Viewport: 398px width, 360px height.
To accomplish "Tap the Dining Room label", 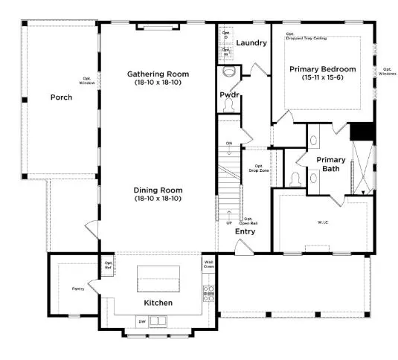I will (158, 193).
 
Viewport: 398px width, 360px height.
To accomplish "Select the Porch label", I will (61, 97).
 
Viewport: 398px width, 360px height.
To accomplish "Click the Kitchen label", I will (158, 303).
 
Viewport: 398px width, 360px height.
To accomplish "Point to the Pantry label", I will (78, 288).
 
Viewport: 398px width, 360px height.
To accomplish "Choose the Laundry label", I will (251, 43).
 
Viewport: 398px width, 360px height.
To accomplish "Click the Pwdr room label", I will (228, 95).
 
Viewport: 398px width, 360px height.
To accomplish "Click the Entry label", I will (245, 231).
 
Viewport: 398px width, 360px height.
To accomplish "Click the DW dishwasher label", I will (141, 321).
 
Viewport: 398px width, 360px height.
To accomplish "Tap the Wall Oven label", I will (209, 264).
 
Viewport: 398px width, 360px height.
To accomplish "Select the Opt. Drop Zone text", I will (259, 168).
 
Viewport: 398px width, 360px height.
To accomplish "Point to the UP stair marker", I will (228, 222).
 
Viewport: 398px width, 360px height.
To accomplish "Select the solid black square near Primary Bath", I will (362, 130).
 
